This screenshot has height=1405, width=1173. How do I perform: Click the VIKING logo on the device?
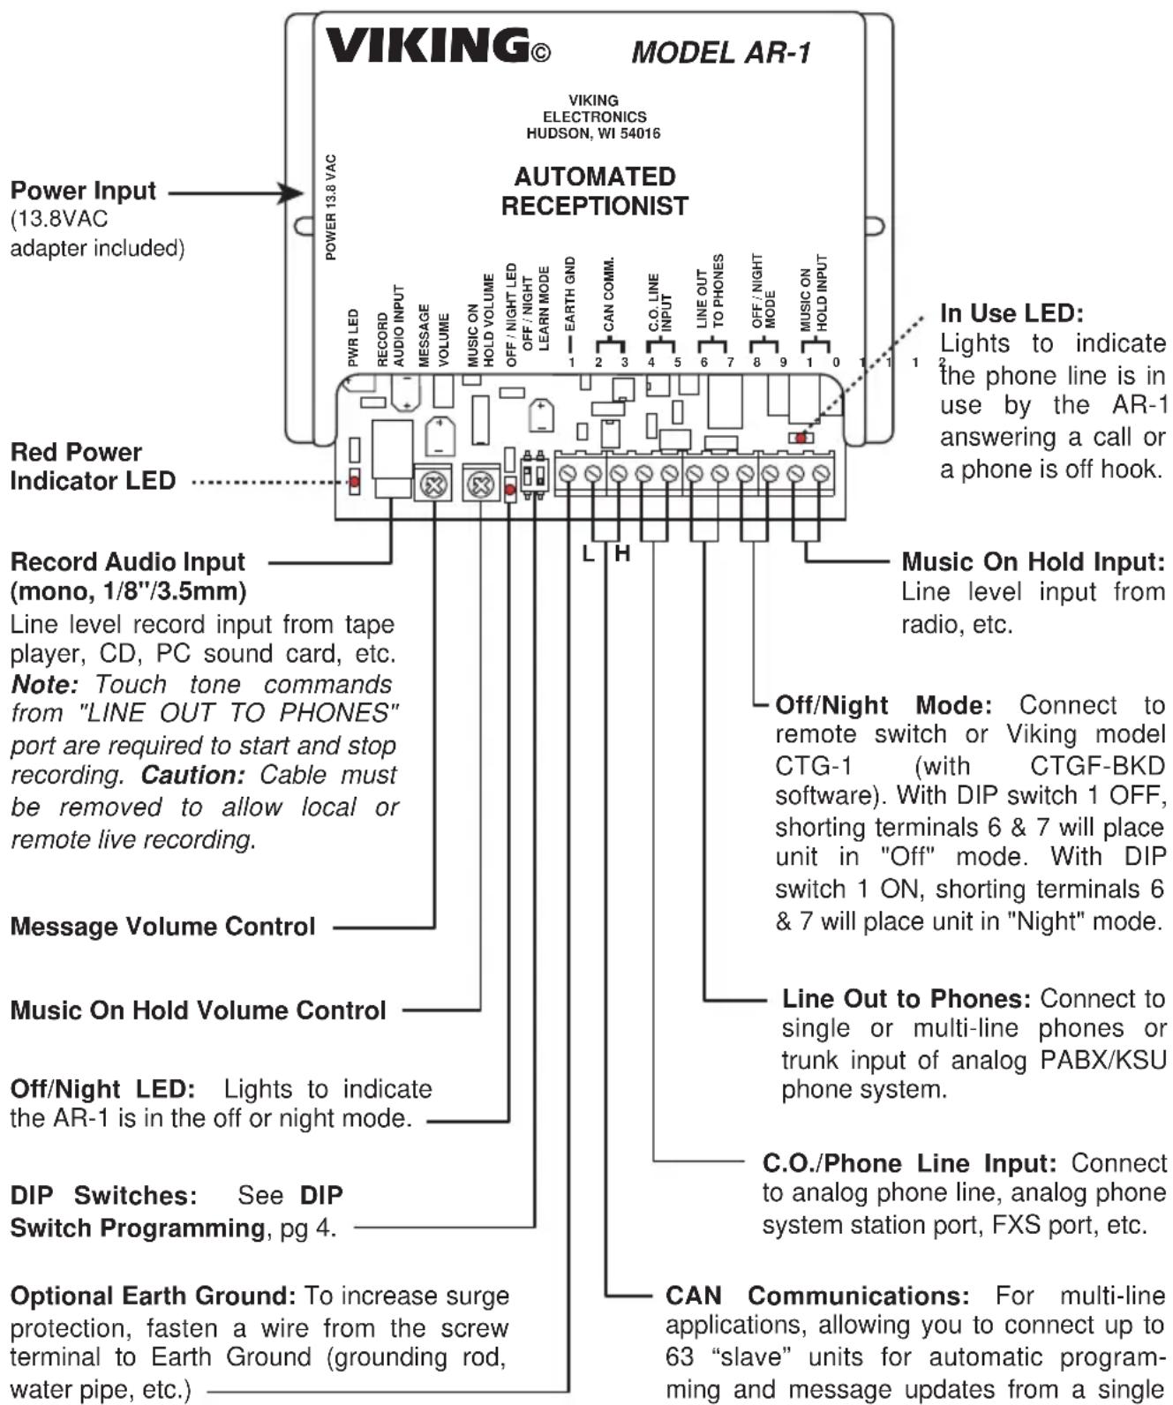click(x=438, y=46)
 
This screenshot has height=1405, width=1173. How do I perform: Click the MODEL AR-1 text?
click(x=721, y=52)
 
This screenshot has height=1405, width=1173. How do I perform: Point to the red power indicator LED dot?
click(x=354, y=482)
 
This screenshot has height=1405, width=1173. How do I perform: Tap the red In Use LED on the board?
click(x=801, y=438)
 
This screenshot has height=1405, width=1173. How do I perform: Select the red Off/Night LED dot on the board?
click(x=510, y=489)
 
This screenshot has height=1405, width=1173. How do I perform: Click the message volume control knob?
click(x=434, y=485)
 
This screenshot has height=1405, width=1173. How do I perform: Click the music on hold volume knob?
click(x=480, y=485)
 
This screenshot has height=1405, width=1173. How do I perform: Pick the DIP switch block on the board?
click(x=535, y=475)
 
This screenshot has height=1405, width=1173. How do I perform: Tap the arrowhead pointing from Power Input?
click(x=293, y=193)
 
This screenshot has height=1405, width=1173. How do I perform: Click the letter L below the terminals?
click(x=589, y=553)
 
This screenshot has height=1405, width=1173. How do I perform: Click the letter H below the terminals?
click(x=622, y=553)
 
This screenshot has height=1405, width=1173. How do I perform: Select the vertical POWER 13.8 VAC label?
click(x=331, y=207)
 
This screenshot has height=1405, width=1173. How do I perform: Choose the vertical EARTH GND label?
click(x=570, y=293)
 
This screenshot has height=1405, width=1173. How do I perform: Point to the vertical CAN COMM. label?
click(x=609, y=293)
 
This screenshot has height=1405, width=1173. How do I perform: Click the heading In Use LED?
click(x=1011, y=313)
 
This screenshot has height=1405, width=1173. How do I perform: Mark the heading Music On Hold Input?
click(x=1033, y=561)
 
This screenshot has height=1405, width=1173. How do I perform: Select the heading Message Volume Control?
click(x=163, y=927)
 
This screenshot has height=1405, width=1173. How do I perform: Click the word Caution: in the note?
click(x=192, y=775)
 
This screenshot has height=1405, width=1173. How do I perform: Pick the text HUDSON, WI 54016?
click(x=593, y=133)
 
